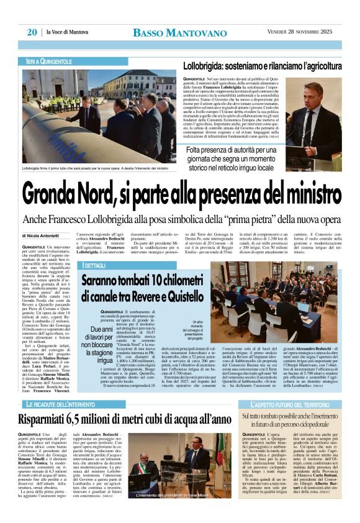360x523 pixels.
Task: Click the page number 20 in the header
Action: (31, 32)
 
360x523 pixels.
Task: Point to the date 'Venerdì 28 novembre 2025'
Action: (295, 32)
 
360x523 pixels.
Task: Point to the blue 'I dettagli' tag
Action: (95, 265)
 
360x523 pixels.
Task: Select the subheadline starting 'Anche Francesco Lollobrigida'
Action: (180, 219)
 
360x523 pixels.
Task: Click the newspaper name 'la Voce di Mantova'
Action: (68, 32)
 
